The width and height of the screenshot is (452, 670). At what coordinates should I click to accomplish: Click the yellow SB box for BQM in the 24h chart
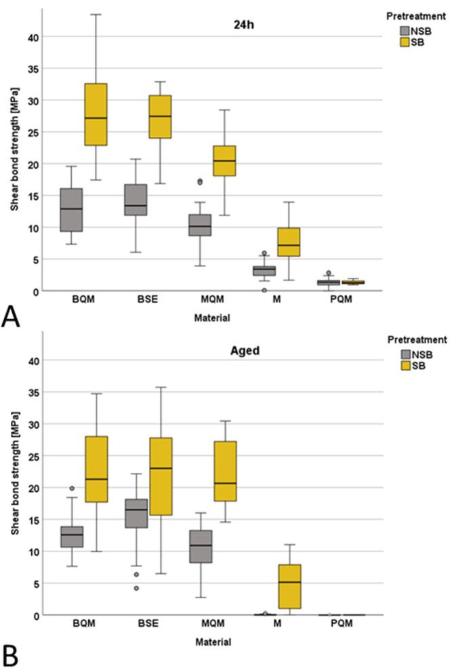pyautogui.click(x=96, y=114)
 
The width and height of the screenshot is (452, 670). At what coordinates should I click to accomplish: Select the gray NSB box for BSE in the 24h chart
pyautogui.click(x=135, y=200)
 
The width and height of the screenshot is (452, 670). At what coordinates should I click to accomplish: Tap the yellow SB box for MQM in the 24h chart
pyautogui.click(x=225, y=161)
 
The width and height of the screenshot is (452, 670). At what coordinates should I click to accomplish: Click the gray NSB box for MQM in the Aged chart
pyautogui.click(x=200, y=546)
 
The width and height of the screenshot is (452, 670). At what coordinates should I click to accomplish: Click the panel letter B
pyautogui.click(x=11, y=655)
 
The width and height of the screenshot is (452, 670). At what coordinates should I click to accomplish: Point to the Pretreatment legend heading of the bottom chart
pyautogui.click(x=415, y=339)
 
